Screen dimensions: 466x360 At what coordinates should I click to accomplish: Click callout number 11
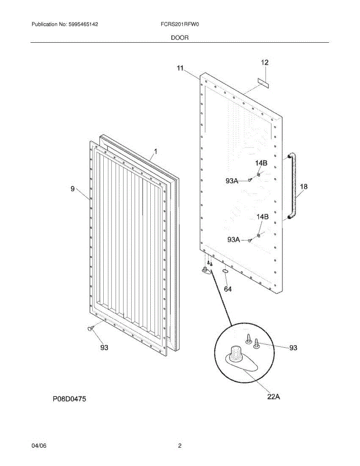[x=180, y=68]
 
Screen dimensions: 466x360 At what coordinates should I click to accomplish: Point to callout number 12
[x=264, y=62]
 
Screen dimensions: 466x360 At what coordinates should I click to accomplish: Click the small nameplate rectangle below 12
[x=264, y=82]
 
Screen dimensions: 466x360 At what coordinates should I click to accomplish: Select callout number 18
[x=304, y=187]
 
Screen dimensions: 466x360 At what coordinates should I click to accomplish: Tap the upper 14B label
[x=261, y=163]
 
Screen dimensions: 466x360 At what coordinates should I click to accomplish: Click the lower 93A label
[x=233, y=240]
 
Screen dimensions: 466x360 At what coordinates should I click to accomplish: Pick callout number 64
[x=228, y=289]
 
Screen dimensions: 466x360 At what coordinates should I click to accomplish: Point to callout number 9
[x=73, y=189]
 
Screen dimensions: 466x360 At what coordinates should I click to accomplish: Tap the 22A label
[x=273, y=396]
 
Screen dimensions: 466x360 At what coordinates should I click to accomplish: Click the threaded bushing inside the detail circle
[x=235, y=354]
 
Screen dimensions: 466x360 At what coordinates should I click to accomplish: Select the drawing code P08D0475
[x=70, y=398]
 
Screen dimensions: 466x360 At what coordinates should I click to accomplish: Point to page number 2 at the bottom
[x=180, y=446]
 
